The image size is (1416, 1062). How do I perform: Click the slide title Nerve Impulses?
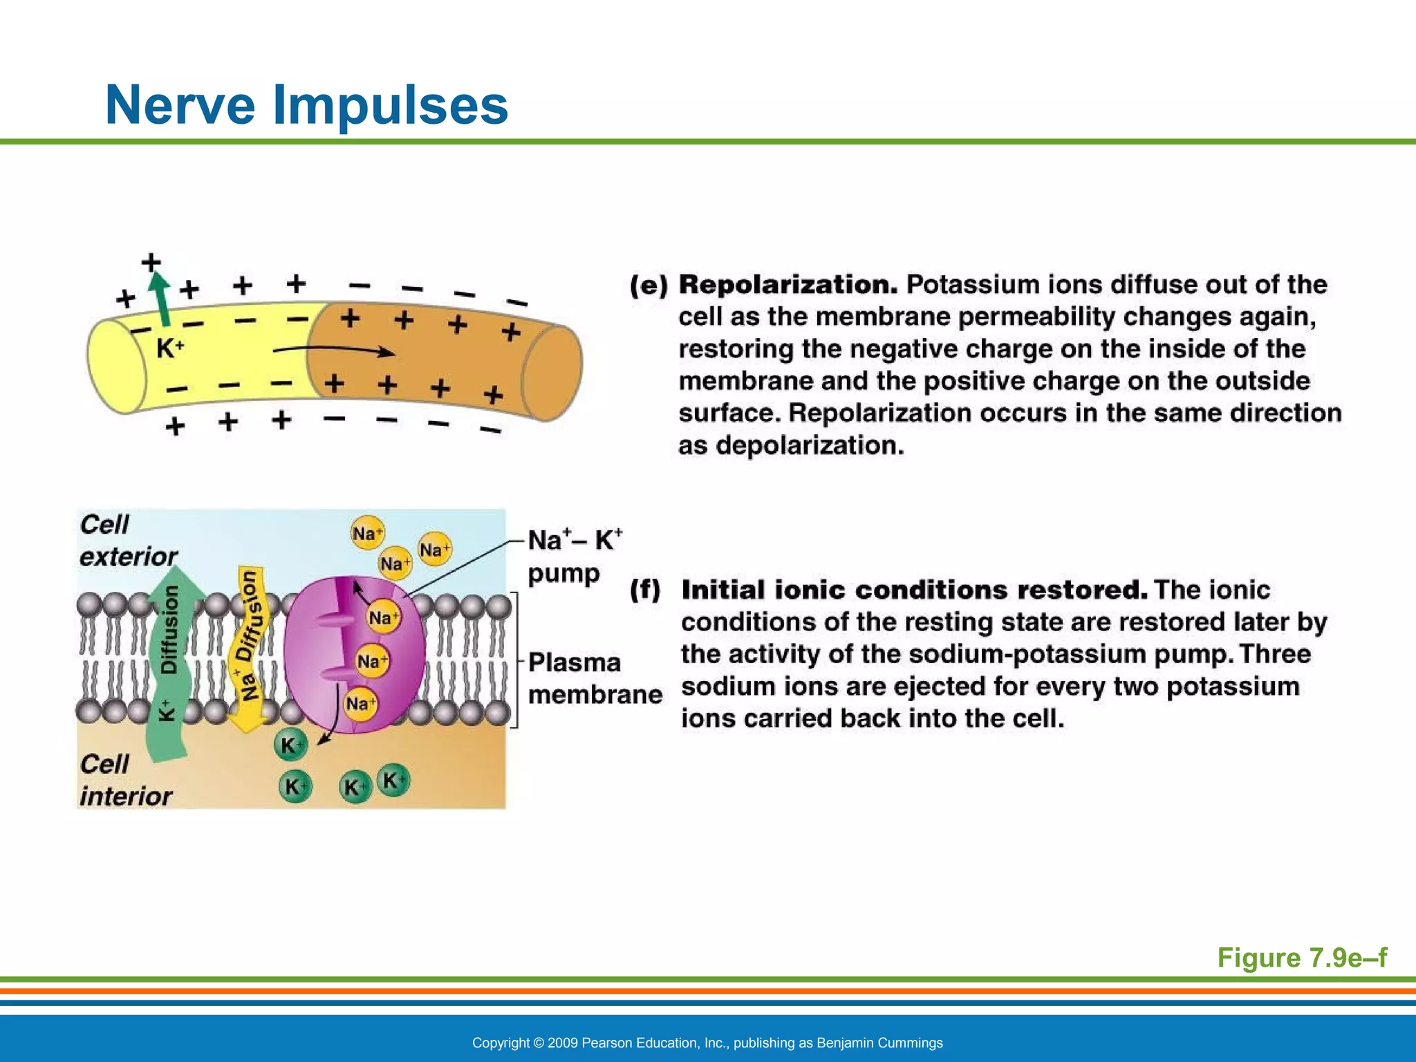[x=306, y=105]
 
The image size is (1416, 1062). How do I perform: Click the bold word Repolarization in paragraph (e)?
[x=788, y=285]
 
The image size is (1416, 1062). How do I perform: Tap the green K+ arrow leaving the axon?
[x=160, y=297]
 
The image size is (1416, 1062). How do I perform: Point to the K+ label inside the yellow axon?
[x=169, y=348]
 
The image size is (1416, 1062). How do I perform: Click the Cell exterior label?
[x=127, y=540]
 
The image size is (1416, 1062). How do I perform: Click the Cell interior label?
[x=125, y=780]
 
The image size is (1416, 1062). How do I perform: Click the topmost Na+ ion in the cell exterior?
[x=366, y=533]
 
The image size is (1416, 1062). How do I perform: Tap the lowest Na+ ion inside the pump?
[x=360, y=704]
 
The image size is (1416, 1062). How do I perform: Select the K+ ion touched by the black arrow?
[x=290, y=745]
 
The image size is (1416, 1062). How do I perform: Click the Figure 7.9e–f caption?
[x=1301, y=958]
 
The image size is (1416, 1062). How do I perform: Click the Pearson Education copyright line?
[x=707, y=1043]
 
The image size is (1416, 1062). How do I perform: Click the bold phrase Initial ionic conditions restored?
[x=914, y=590]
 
